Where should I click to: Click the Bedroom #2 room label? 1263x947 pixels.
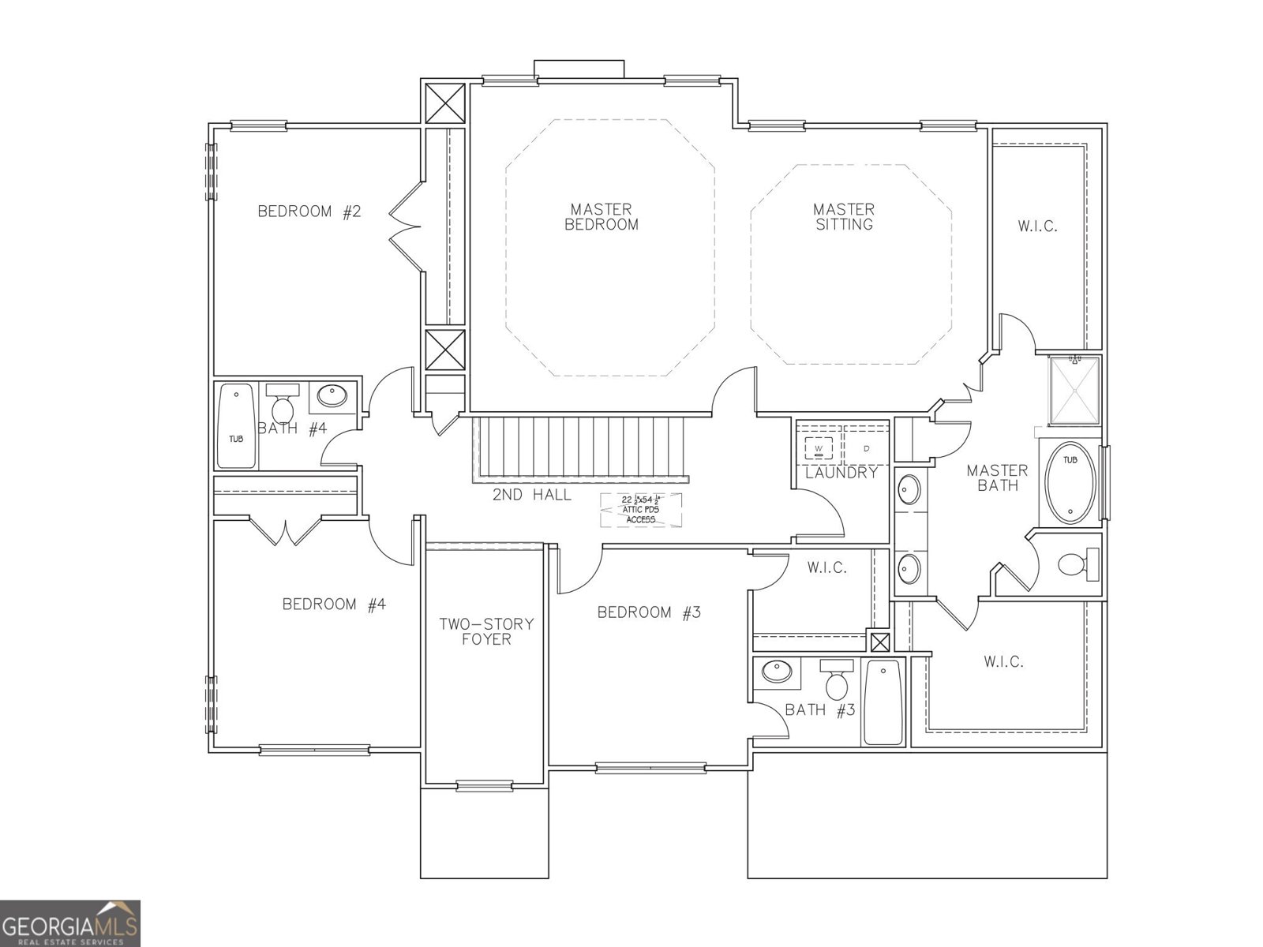click(309, 211)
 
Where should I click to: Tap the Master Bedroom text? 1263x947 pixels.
click(602, 217)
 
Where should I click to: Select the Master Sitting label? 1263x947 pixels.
click(844, 217)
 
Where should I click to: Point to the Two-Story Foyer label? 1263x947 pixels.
click(486, 631)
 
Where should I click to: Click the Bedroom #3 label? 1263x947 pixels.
click(649, 612)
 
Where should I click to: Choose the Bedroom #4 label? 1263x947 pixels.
click(334, 605)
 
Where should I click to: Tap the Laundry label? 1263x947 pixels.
click(841, 473)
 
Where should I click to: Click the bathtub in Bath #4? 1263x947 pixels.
click(237, 426)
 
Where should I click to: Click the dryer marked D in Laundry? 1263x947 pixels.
click(866, 448)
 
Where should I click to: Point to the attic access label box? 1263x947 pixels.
click(640, 510)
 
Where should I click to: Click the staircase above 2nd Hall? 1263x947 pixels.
click(580, 447)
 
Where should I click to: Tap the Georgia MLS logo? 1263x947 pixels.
click(70, 923)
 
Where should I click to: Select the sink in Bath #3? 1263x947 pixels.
click(776, 672)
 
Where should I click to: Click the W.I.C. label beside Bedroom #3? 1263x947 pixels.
click(826, 567)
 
